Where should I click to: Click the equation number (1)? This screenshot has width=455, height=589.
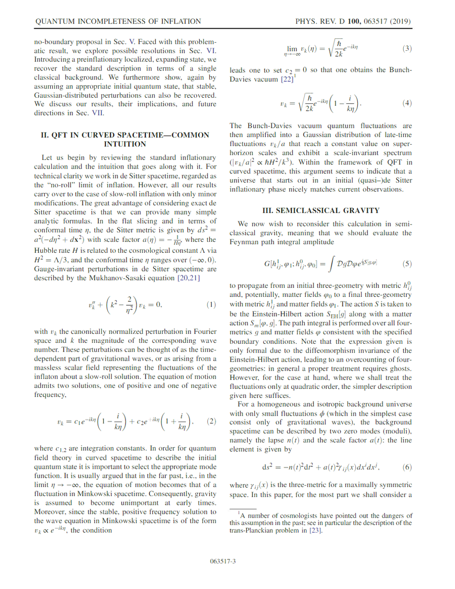click(211, 305)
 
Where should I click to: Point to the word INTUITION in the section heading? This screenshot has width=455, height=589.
click(125, 143)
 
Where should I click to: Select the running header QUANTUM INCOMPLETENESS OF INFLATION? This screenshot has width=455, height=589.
click(118, 22)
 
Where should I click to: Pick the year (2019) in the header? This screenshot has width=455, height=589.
click(401, 22)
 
